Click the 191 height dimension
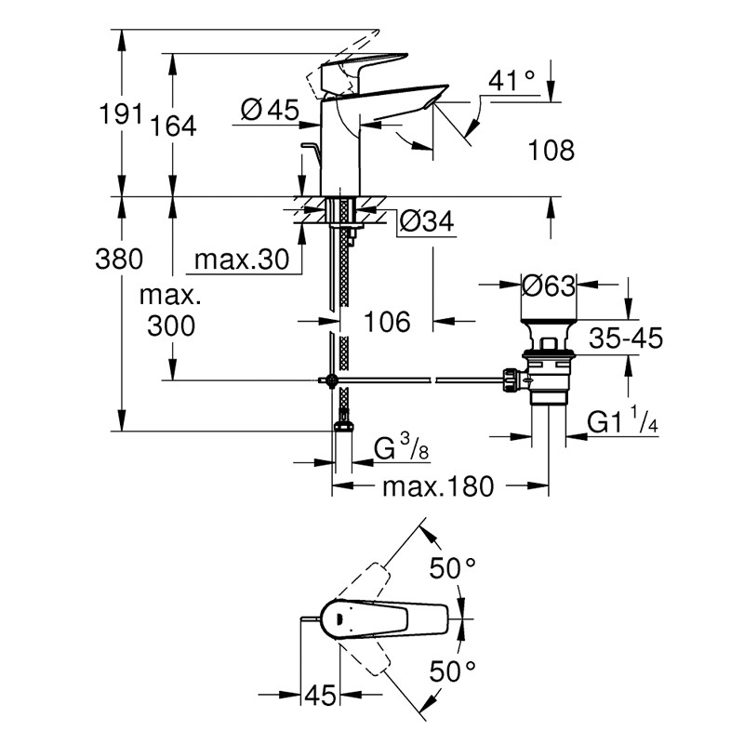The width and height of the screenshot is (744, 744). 120,114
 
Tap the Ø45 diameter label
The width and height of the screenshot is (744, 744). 269,111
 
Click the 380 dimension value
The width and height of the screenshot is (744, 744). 121,259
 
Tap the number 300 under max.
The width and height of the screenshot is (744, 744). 172,325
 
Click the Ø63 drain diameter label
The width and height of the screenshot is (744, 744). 549,286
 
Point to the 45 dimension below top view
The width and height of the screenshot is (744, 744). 322,695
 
